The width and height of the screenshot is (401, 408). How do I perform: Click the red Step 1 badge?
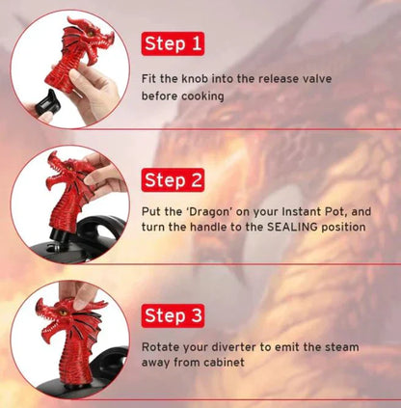[174, 43]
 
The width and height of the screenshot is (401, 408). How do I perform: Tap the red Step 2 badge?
[174, 179]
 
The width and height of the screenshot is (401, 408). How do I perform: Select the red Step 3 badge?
[174, 315]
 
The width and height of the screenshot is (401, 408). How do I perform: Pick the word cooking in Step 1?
[203, 95]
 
